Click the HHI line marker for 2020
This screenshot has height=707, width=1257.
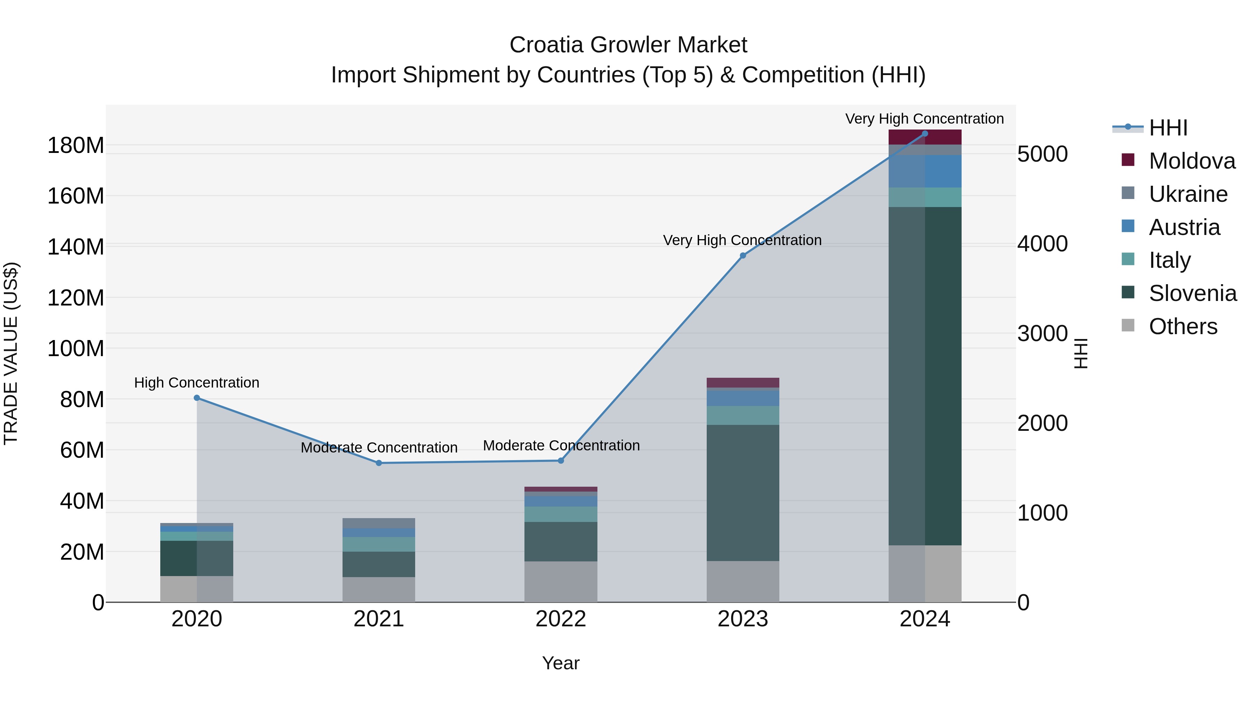click(197, 398)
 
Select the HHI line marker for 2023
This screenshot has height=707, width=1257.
click(743, 255)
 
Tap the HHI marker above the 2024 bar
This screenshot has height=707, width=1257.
click(925, 134)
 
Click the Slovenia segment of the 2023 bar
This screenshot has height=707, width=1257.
click(743, 493)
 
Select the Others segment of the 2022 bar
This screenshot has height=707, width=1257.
click(561, 582)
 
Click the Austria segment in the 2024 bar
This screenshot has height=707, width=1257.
click(925, 171)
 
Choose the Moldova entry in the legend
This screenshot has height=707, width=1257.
click(1192, 161)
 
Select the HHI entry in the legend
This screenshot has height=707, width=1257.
click(1168, 128)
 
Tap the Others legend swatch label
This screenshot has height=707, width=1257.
click(1183, 326)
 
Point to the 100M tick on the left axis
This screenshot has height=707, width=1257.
click(76, 349)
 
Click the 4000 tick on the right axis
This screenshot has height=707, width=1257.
click(1042, 244)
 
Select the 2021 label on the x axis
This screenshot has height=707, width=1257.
click(378, 619)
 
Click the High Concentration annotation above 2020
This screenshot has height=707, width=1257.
click(197, 383)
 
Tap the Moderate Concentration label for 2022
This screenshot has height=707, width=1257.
click(561, 445)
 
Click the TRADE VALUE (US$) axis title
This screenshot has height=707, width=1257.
click(11, 353)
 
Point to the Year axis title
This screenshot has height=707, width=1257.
click(561, 663)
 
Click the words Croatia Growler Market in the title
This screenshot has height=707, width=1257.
click(628, 45)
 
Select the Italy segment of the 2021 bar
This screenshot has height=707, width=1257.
click(378, 544)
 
